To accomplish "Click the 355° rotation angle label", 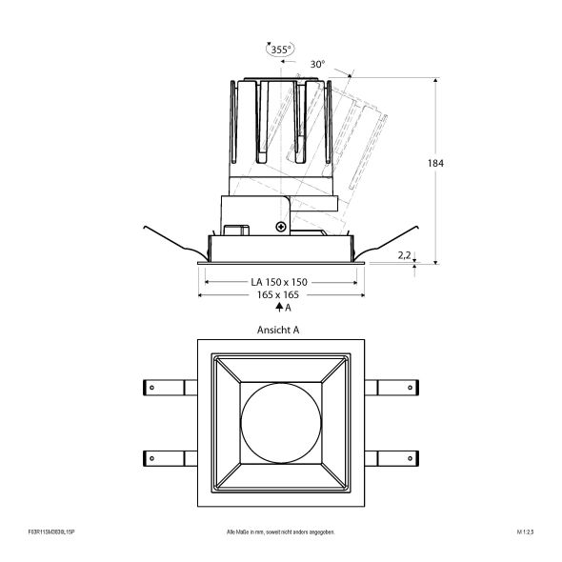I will click(280, 49).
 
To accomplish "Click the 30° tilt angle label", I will click(317, 64).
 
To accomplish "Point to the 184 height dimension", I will click(436, 163).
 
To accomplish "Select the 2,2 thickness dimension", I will click(404, 255).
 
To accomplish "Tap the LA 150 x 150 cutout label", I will click(278, 283).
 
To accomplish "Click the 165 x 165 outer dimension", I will click(278, 296).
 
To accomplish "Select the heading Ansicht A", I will click(278, 331).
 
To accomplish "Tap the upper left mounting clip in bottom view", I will click(166, 386).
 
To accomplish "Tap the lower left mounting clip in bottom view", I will click(166, 454).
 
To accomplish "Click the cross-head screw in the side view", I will click(280, 226).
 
